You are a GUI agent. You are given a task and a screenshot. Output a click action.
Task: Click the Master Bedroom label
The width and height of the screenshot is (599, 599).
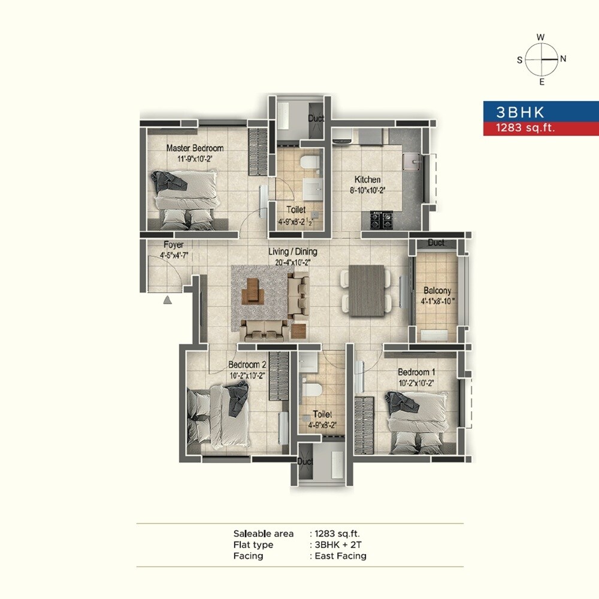(x=195, y=148)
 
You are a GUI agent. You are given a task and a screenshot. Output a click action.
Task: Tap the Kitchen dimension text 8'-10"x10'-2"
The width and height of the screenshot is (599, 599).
(x=367, y=190)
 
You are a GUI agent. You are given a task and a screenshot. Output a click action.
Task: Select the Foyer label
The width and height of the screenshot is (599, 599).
(x=173, y=245)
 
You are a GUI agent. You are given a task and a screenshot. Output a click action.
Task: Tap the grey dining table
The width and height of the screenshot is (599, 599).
(x=366, y=291)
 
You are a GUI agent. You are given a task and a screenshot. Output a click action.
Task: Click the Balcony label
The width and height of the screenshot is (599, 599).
(x=437, y=291)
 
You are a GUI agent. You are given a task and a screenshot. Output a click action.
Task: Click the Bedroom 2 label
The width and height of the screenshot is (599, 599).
(x=247, y=365)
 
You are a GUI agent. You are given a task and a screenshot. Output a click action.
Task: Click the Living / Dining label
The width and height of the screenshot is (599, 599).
(x=293, y=252)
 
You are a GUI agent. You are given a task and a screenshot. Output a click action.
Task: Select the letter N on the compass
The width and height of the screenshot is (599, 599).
(x=563, y=59)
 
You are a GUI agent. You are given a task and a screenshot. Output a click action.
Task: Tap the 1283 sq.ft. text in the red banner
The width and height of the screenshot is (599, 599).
(x=521, y=127)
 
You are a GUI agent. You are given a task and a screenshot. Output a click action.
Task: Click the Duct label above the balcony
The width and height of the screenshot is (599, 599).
(x=436, y=243)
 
